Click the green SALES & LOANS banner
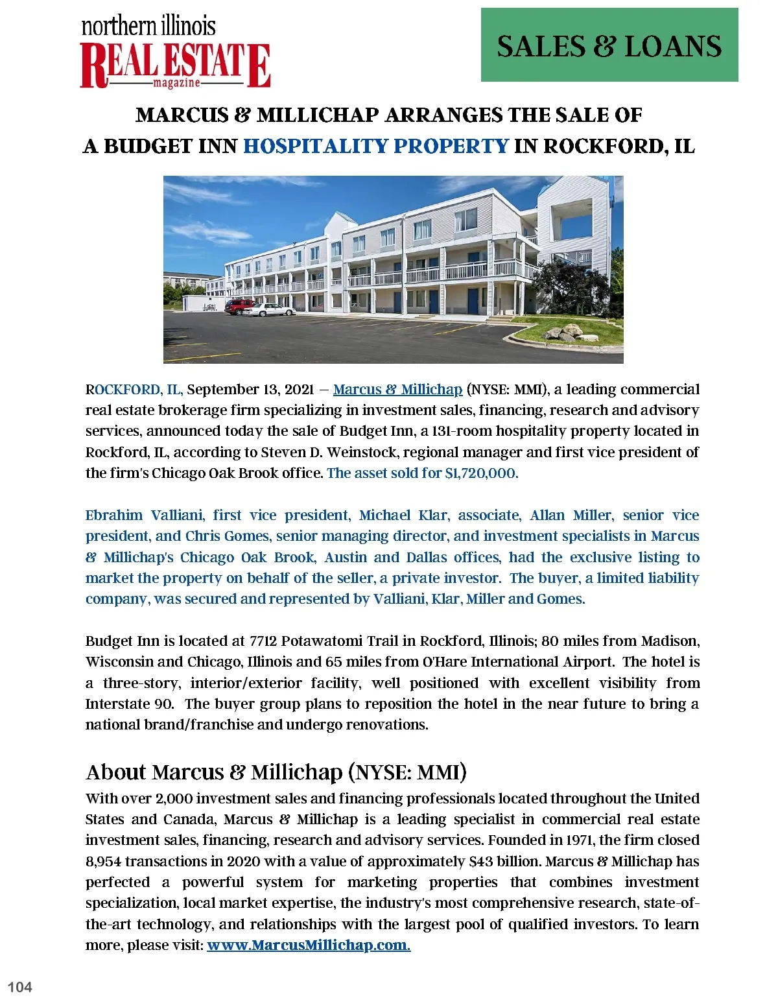coord(609,45)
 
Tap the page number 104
coord(19,987)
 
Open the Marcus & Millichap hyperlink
coord(397,390)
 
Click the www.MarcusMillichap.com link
coord(309,945)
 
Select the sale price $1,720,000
coord(481,473)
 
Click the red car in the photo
coord(239,305)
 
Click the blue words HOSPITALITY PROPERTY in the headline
coord(375,146)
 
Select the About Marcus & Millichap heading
coord(276,772)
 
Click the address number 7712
coord(263,641)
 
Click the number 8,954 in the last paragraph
coord(103,862)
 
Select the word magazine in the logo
coord(176,84)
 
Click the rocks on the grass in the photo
coord(569,333)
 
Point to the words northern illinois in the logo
coord(148,26)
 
